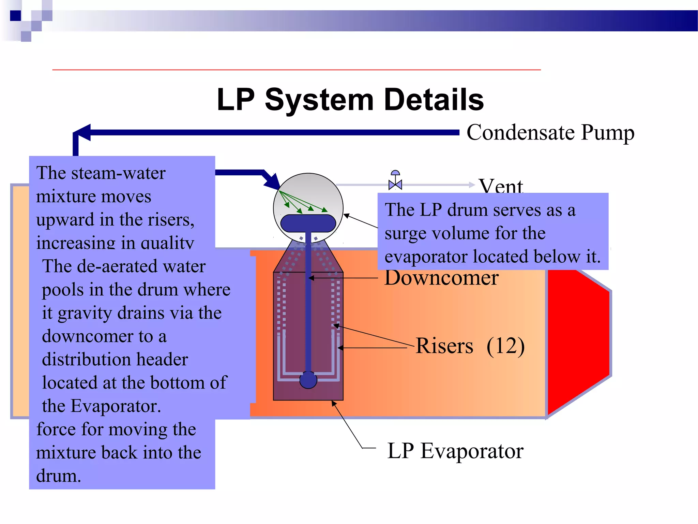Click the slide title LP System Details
tap(350, 100)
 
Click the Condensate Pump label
tap(550, 132)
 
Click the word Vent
tap(500, 186)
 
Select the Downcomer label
tap(441, 278)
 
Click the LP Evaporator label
tap(455, 451)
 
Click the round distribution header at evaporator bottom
tap(308, 380)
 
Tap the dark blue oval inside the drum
tap(308, 223)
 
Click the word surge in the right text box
tap(401, 234)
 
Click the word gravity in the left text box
tap(85, 313)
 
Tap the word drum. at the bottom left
tap(59, 476)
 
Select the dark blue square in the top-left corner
tap(15, 16)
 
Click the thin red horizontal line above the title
tap(297, 70)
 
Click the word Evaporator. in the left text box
tap(116, 406)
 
